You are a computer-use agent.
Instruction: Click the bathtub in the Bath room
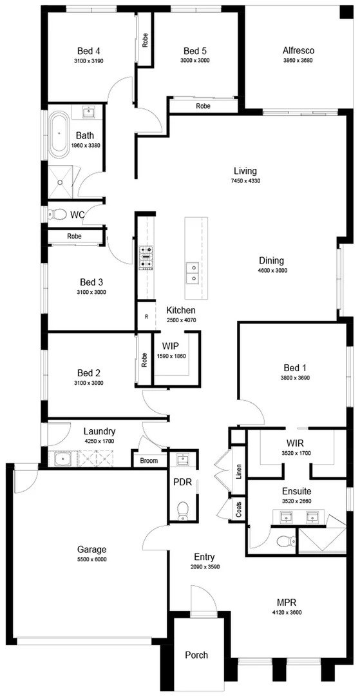(59, 133)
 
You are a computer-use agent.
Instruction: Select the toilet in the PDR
(182, 509)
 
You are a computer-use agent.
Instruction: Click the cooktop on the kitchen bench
(146, 257)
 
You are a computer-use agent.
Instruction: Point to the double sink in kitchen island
(191, 273)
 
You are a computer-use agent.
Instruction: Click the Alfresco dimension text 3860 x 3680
(298, 61)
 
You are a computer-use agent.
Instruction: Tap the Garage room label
(90, 550)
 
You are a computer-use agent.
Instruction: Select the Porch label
(196, 655)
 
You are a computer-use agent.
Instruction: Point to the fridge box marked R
(146, 317)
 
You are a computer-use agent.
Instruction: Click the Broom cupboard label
(149, 460)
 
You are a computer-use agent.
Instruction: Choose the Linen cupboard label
(238, 471)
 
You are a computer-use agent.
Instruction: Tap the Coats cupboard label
(238, 510)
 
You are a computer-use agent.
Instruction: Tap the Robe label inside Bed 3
(74, 237)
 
